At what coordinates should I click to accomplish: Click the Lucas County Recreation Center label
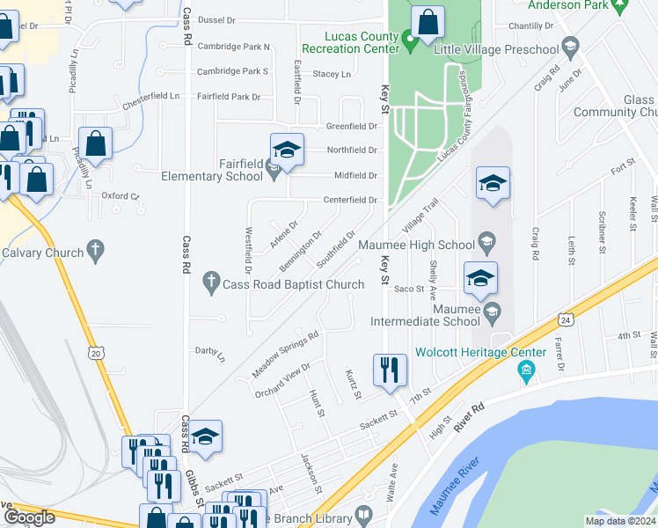click(350, 41)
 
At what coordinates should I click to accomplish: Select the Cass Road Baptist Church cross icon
click(210, 283)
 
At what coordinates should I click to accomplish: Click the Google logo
click(30, 517)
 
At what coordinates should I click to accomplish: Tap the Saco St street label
click(409, 289)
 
